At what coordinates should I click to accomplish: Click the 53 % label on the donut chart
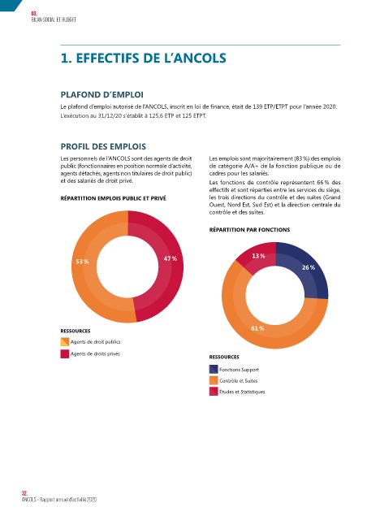click(82, 262)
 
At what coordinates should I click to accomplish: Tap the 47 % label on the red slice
click(171, 258)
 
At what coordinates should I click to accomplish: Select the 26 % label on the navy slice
click(309, 267)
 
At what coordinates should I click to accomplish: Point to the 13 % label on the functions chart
click(258, 256)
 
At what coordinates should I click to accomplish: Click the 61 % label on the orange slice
click(257, 328)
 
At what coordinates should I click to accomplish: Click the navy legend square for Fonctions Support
click(214, 369)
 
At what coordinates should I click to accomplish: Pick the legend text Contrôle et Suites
click(238, 381)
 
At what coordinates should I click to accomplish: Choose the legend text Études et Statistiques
click(242, 392)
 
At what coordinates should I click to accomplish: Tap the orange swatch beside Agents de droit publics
click(65, 341)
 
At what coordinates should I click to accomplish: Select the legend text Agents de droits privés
click(95, 354)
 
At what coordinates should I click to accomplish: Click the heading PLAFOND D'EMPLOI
click(102, 95)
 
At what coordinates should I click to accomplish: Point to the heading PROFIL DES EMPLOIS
click(103, 146)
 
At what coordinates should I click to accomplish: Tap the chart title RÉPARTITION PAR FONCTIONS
click(249, 229)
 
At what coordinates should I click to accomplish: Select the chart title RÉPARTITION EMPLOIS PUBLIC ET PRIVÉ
click(114, 198)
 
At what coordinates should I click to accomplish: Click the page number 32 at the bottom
click(24, 493)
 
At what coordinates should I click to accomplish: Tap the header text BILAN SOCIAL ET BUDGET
click(54, 19)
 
